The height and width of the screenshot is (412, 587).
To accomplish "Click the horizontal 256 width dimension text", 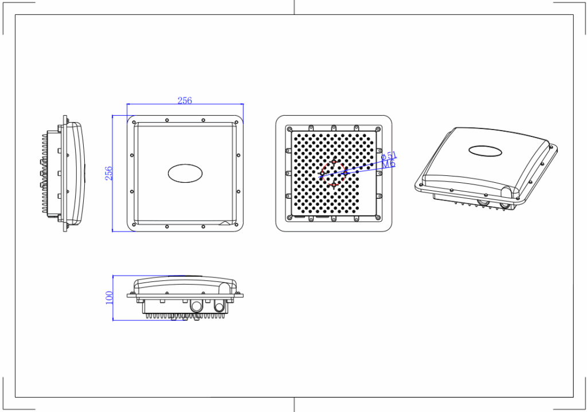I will (185, 100).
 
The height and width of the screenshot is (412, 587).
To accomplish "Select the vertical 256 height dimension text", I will (108, 173).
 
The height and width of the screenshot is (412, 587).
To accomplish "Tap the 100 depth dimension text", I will (109, 297).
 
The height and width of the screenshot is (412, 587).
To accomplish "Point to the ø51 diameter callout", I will (389, 156).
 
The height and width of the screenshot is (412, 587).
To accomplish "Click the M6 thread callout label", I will (389, 164).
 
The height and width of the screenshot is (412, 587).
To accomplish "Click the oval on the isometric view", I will (485, 151).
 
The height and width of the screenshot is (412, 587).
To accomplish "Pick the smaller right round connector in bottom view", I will (219, 307).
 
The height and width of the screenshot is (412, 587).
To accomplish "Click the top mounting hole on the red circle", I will (334, 162).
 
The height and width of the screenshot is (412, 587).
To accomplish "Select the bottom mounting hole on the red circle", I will (334, 185).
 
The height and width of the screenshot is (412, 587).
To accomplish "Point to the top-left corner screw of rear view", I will (290, 129).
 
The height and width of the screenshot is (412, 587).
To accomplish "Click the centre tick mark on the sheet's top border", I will (294, 7).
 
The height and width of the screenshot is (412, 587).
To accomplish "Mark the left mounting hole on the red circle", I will (322, 173).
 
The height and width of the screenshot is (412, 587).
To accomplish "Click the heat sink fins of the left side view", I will (45, 175).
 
